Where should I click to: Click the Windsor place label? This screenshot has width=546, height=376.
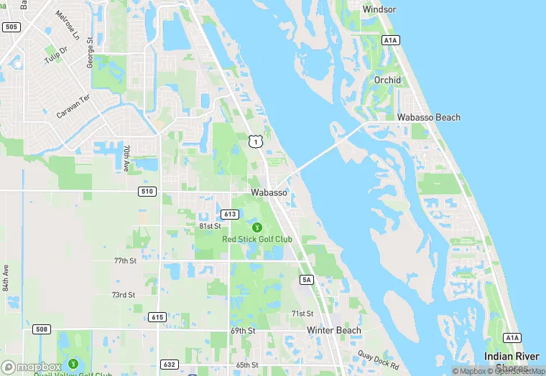coord(379,9)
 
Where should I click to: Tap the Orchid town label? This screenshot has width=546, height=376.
coord(387,80)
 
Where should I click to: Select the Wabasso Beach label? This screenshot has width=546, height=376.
coord(429,117)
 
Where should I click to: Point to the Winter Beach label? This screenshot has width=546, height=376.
coord(334,330)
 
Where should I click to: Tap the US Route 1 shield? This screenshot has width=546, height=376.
coord(254,142)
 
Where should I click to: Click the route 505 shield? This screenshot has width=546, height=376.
coord(11,27)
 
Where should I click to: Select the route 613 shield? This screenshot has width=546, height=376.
coord(230,214)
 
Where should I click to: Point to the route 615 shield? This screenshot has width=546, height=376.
coord(158,316)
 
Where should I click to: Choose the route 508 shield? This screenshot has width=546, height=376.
coord(41,329)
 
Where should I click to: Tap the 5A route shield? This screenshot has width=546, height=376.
coord(307,280)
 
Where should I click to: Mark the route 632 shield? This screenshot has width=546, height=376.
coord(168,364)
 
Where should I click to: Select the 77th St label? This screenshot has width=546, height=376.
coord(124,260)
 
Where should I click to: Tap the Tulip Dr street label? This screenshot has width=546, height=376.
coord(55,55)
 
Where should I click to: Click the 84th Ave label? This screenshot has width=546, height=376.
coord(5,278)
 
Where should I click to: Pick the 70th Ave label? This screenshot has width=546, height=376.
coord(126,158)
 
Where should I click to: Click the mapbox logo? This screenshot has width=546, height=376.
coord(32,366)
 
